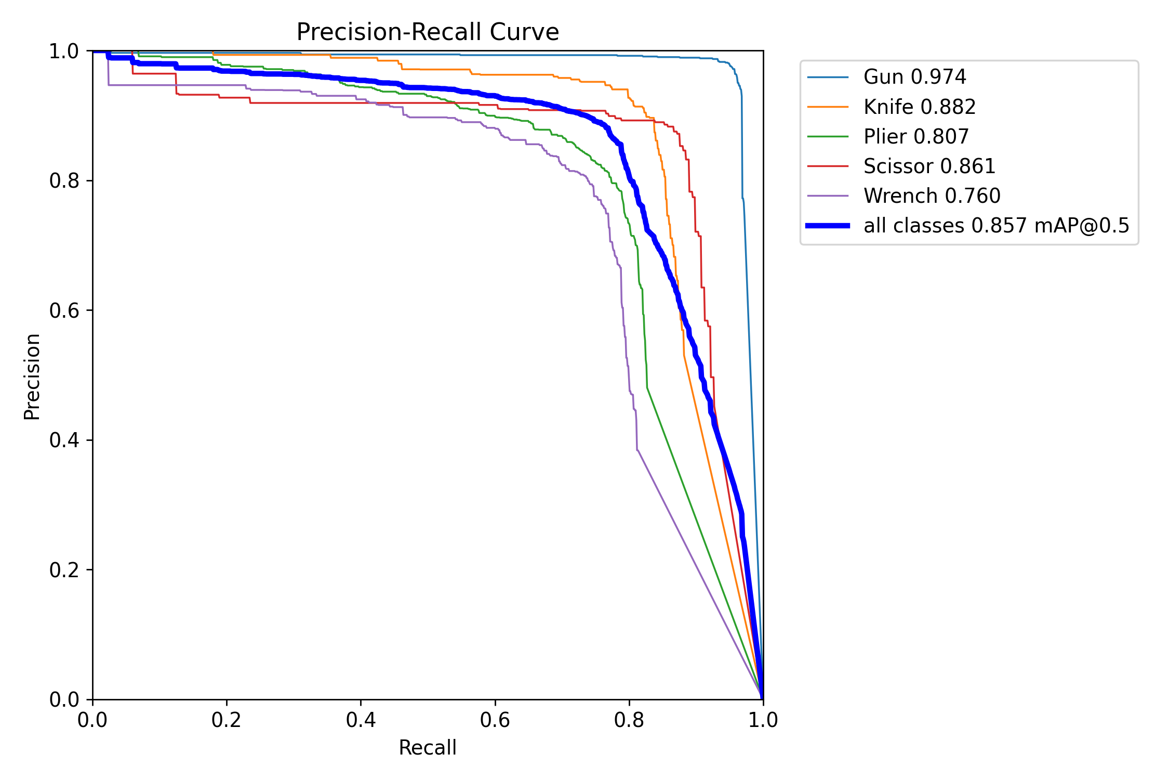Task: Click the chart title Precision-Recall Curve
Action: point(427,32)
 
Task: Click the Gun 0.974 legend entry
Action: point(914,77)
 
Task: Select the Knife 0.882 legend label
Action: point(919,107)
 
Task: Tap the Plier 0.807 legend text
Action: point(916,137)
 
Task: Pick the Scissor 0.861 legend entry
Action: point(929,166)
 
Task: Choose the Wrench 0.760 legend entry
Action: point(932,196)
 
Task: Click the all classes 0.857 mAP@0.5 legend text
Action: point(996,226)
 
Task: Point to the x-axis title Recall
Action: point(427,748)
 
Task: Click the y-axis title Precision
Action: point(32,376)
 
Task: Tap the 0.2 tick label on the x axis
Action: point(227,720)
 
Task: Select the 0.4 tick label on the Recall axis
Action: point(361,720)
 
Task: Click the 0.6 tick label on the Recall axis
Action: point(495,720)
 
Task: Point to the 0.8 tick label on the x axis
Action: point(629,720)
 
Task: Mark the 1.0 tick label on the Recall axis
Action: point(763,720)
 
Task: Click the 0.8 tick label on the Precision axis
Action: point(64,181)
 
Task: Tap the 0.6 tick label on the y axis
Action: point(64,310)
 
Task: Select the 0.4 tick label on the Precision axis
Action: point(64,440)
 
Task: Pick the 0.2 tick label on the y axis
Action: point(64,570)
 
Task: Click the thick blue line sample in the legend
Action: point(828,226)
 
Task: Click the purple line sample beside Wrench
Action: point(828,196)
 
